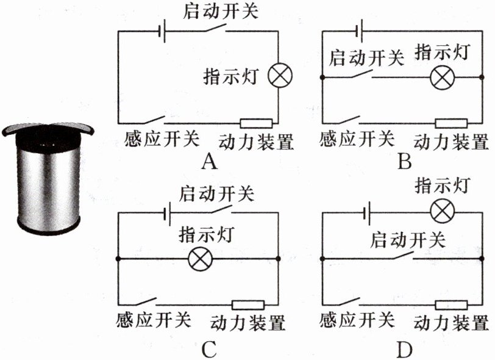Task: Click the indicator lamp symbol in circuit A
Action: [x=281, y=76]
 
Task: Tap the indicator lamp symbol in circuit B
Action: [x=442, y=77]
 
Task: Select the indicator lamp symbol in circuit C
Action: [x=199, y=259]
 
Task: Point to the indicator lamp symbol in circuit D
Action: [x=442, y=212]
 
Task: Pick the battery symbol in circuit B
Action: [x=361, y=29]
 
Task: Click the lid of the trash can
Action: [x=47, y=129]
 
